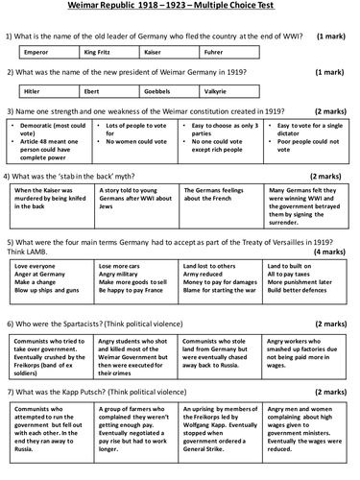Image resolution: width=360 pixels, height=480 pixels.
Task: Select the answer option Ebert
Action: tap(106, 91)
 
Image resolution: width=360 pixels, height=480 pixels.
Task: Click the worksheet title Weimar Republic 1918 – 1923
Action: tap(180, 8)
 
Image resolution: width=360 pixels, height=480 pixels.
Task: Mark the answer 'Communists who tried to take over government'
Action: tap(53, 359)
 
